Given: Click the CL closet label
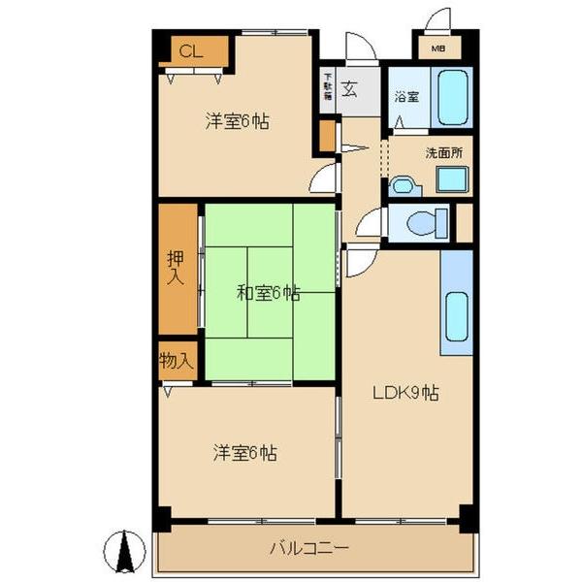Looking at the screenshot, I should point(191,51).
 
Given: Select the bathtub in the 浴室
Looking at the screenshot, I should point(452,97).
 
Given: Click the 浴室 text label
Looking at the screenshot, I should point(405,97).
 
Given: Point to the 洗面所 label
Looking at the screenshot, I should point(443,152).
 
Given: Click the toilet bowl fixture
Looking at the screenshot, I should point(424,224).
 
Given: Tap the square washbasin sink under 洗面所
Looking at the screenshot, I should point(450,179).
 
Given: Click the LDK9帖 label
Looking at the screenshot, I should point(406,393).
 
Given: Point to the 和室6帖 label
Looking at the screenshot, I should point(268,293).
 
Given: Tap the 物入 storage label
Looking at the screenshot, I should point(177,361).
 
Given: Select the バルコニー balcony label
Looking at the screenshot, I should point(309,548).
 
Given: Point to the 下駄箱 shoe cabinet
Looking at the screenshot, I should point(328,89).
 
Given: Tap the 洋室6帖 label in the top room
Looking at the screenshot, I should point(237,122).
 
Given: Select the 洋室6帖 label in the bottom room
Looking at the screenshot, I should point(244,452).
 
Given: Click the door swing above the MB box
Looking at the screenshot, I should point(438,20).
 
